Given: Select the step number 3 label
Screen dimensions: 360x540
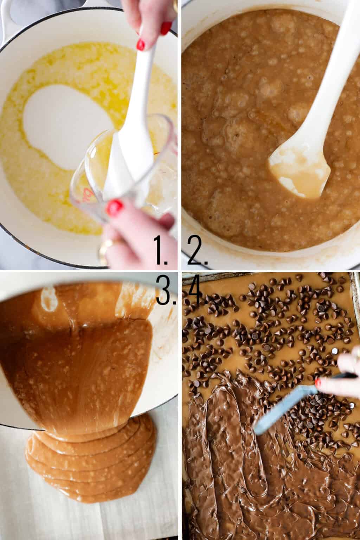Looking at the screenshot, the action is (x=166, y=289).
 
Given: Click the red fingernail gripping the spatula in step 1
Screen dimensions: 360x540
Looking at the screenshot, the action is (x=141, y=45).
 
